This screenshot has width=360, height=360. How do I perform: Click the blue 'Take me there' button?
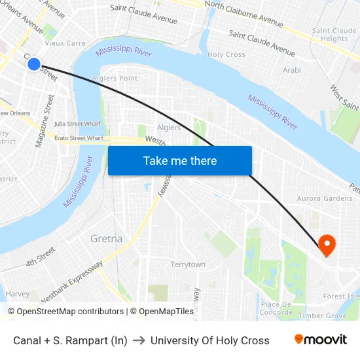coord(180,161)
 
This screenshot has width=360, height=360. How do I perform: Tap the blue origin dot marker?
coord(34,64)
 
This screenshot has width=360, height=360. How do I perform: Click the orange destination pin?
coord(327,245)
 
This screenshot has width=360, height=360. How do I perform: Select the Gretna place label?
coord(106,238)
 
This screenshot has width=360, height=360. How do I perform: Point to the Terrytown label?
coord(188,264)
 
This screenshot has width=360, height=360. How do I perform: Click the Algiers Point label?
coord(115,79)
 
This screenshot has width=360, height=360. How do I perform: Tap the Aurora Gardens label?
coord(325,198)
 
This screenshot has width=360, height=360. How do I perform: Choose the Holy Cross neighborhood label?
coord(226,55)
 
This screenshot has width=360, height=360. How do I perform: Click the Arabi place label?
coord(291,70)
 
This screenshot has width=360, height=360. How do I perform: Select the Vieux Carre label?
coord(65,43)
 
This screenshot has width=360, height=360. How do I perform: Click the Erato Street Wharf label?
coord(79,138)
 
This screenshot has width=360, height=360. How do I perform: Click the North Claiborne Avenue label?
coord(244,14)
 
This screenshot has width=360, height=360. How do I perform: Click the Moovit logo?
coord(320,340)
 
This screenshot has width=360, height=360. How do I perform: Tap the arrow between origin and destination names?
coord(139,340)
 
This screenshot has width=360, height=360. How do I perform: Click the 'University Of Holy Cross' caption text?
coord(209,340)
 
